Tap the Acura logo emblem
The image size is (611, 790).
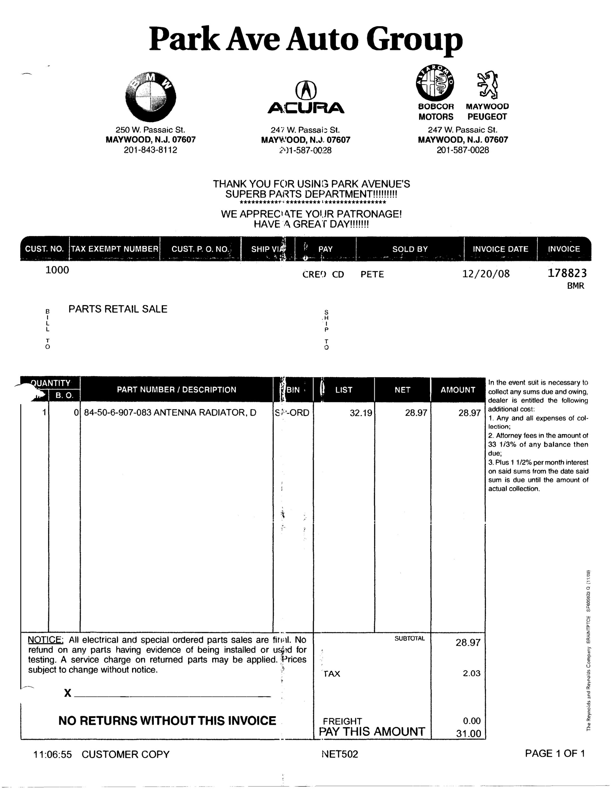coord(306,90)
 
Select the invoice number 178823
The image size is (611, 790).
coord(567,273)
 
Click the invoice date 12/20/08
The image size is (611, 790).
coord(486,274)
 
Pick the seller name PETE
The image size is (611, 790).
coord(372,274)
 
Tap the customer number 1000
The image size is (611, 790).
coord(57,270)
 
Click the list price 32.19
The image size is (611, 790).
coord(361,413)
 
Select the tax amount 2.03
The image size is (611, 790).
coord(471,673)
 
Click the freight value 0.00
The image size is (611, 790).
coord(472,721)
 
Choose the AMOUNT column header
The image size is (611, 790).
coord(458,390)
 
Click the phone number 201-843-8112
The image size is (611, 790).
coord(151,150)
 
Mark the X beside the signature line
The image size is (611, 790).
coord(68,693)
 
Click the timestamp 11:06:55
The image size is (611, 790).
coord(53,755)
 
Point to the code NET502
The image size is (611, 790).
coord(340,754)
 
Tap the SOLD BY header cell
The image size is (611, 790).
coord(410,249)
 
